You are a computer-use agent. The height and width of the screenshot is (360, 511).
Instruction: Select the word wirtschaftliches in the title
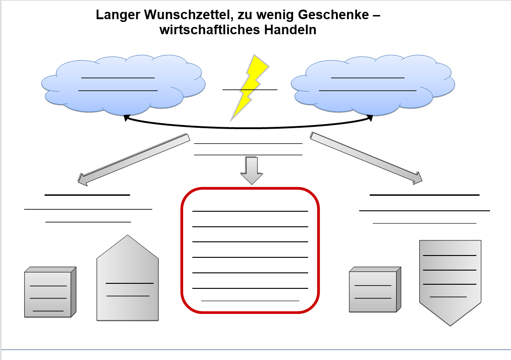tap(208, 31)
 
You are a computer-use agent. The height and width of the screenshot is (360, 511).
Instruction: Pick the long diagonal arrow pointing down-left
tap(134, 159)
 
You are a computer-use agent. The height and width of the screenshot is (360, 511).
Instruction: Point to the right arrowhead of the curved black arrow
tap(370, 118)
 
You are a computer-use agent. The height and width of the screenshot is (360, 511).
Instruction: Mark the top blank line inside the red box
tap(250, 211)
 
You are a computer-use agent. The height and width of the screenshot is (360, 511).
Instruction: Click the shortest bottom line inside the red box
tap(250, 301)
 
